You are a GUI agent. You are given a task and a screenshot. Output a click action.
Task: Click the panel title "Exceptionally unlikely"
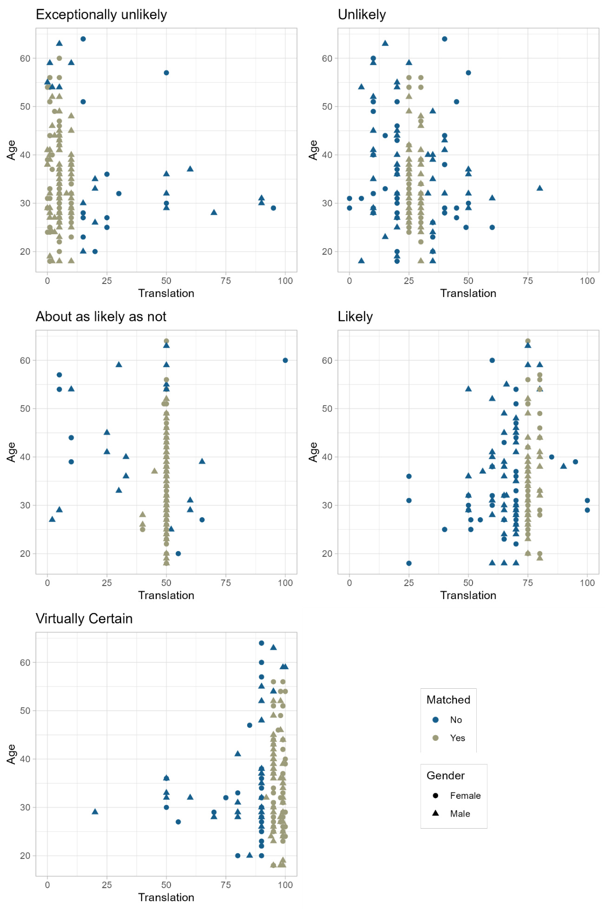coord(101,15)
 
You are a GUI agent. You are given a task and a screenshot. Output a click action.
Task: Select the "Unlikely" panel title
coord(362,15)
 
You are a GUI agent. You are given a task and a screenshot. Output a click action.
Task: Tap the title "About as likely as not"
coord(101,317)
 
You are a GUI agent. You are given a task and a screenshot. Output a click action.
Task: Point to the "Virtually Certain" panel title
coord(84,619)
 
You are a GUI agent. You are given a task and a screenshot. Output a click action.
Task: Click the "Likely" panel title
coord(355,317)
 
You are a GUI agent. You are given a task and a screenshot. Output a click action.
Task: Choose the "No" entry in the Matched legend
coord(455,720)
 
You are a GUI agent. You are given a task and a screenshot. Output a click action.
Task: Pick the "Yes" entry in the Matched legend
coord(457,738)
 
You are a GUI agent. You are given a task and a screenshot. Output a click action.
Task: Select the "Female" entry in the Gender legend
coord(465,796)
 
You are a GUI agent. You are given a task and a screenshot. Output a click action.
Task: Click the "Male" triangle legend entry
coord(460,814)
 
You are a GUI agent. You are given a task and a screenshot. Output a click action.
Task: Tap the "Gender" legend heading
coord(445,776)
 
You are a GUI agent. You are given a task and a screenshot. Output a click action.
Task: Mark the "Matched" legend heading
coord(448,700)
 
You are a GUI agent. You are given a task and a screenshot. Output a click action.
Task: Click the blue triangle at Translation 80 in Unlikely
coord(539,188)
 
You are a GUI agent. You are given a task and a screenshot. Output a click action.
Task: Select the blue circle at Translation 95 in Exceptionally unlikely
coord(273,208)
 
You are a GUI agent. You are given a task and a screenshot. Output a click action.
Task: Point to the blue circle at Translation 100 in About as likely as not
coord(285,361)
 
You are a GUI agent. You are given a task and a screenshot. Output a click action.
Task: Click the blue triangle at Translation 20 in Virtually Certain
coord(95,811)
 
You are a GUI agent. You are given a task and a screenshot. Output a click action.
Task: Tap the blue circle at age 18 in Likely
coord(408,563)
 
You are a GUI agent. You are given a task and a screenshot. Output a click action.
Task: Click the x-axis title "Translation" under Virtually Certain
coord(166,897)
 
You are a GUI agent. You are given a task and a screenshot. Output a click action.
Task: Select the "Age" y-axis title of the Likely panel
coord(313,452)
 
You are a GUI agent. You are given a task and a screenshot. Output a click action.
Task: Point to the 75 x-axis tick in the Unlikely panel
coord(527,281)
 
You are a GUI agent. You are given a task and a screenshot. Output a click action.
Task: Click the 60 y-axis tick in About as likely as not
coord(25,361)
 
